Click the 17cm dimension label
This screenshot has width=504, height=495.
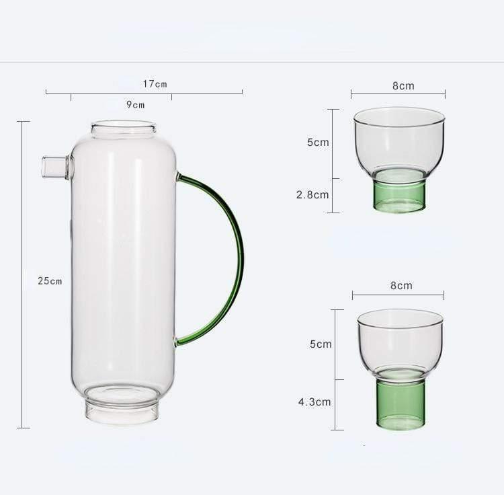tap(155, 84)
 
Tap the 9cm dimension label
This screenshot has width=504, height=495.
tap(135, 104)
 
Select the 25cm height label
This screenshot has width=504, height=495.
tap(50, 280)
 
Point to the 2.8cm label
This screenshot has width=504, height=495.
tap(312, 195)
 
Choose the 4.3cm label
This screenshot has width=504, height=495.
tap(314, 402)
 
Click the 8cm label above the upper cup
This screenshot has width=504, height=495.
tap(403, 85)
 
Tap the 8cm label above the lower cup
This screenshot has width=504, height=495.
tap(401, 285)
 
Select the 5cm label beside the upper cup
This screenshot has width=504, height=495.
tap(318, 143)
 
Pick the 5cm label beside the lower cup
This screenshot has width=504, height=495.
tap(320, 344)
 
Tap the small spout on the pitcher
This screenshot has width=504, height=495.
tap(54, 167)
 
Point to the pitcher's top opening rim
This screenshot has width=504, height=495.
tap(124, 126)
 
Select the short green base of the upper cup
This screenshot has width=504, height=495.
tap(399, 195)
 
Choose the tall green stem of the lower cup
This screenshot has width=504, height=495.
tap(400, 404)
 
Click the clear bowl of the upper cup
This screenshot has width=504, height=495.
tap(399, 141)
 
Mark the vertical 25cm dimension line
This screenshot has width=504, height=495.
tap(24, 202)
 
